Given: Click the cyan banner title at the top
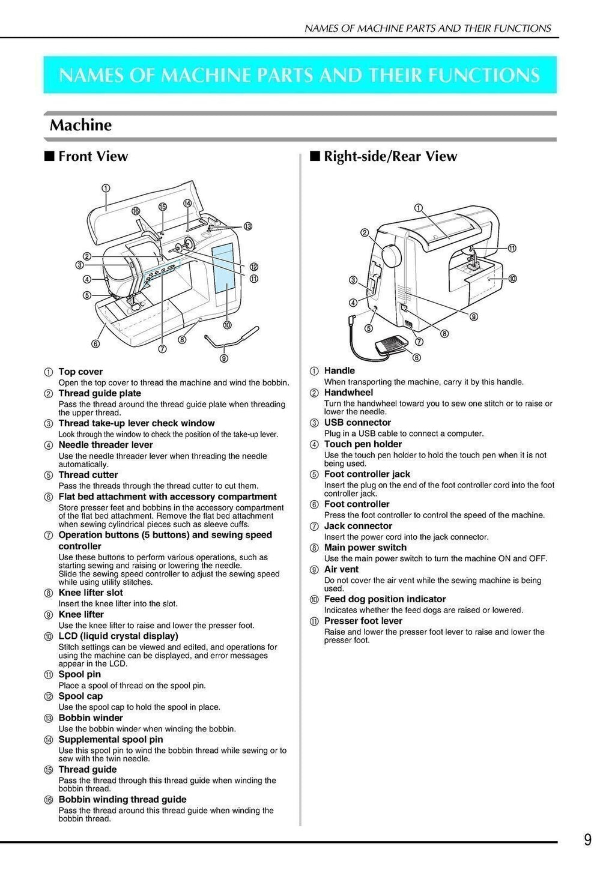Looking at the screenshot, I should tap(300, 75).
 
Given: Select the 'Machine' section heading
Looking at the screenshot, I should tap(80, 125).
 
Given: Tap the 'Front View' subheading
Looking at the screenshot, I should tap(92, 156).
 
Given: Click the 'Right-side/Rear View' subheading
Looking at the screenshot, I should tap(390, 156).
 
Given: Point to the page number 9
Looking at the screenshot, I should tap(587, 839).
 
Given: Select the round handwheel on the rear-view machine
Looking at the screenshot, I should tap(390, 255).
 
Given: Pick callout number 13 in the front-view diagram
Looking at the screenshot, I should tap(247, 226).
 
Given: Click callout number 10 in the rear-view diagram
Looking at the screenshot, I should tap(513, 279).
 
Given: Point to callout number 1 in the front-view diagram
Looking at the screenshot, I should tap(106, 188).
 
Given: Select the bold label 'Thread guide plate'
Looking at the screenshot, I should tap(100, 393).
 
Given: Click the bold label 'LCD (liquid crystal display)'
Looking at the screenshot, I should tap(118, 636).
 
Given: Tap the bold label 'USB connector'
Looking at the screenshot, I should tap(357, 422).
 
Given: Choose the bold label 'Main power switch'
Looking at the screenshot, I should tap(365, 547).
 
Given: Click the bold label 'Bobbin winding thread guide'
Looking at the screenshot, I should tap(123, 799).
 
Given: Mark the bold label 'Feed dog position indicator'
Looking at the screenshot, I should tap(385, 599).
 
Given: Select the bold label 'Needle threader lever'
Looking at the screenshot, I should tap(106, 445).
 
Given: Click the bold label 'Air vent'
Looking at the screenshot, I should tap(341, 569).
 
